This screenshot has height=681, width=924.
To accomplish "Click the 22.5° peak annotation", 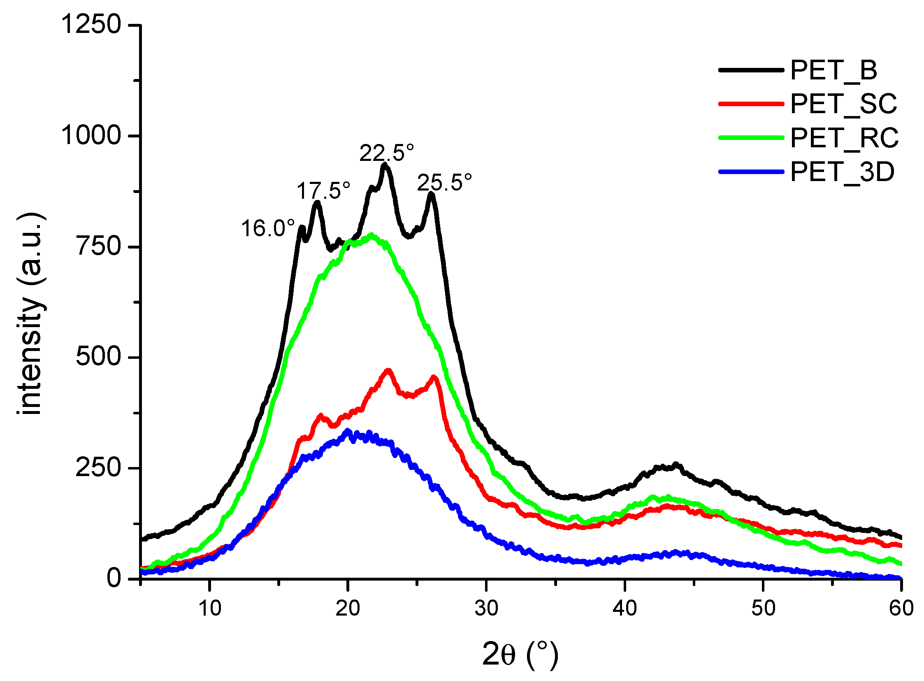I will (386, 153).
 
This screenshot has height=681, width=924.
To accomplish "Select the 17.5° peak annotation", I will (323, 191).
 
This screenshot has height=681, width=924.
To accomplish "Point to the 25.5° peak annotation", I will (444, 182).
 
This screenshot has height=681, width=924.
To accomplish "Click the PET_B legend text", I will (833, 70).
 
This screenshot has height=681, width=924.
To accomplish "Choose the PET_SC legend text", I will (843, 104).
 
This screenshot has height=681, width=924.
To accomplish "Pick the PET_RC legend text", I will (844, 138).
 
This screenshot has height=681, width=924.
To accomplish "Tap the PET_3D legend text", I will (842, 172).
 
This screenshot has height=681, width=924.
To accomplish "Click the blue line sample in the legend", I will (750, 172).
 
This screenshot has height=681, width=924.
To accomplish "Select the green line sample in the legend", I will (750, 138).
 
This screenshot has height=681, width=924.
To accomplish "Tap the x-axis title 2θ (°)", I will (520, 655).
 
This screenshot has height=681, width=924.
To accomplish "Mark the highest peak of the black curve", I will (385, 165).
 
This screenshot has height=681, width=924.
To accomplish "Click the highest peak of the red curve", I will (388, 370).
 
